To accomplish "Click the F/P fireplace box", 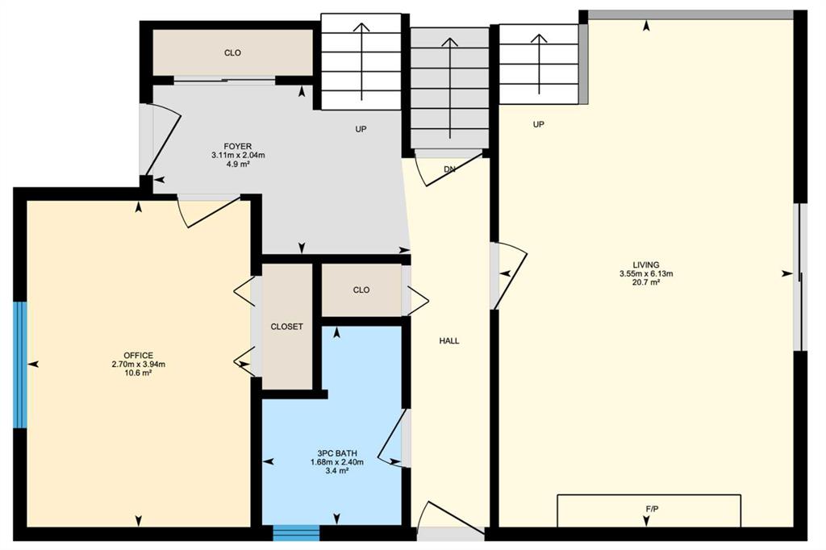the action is coord(649,510).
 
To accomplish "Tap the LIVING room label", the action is coord(646,265).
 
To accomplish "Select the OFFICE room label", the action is coord(139,356).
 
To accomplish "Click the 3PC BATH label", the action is coord(337,453).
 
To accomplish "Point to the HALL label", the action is coord(449,341).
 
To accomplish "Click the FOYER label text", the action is coord(238,147).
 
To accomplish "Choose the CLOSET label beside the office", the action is coord(286,327).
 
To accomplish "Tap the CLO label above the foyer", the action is coord(232,52).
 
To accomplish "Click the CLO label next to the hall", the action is coord(361,290).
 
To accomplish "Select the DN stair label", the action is coord(449,169).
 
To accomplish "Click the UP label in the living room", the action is coord(538,124).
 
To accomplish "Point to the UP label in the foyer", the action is coord(361,129).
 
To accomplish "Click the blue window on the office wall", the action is coord(20,365).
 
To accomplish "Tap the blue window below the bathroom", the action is coord(297,532).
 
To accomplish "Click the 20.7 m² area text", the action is coord(646,282).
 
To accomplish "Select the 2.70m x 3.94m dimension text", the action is coord(139,364).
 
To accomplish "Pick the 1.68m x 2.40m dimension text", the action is coord(337,462).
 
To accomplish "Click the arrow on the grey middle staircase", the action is coord(449,88).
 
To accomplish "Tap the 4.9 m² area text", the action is coord(238,164).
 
